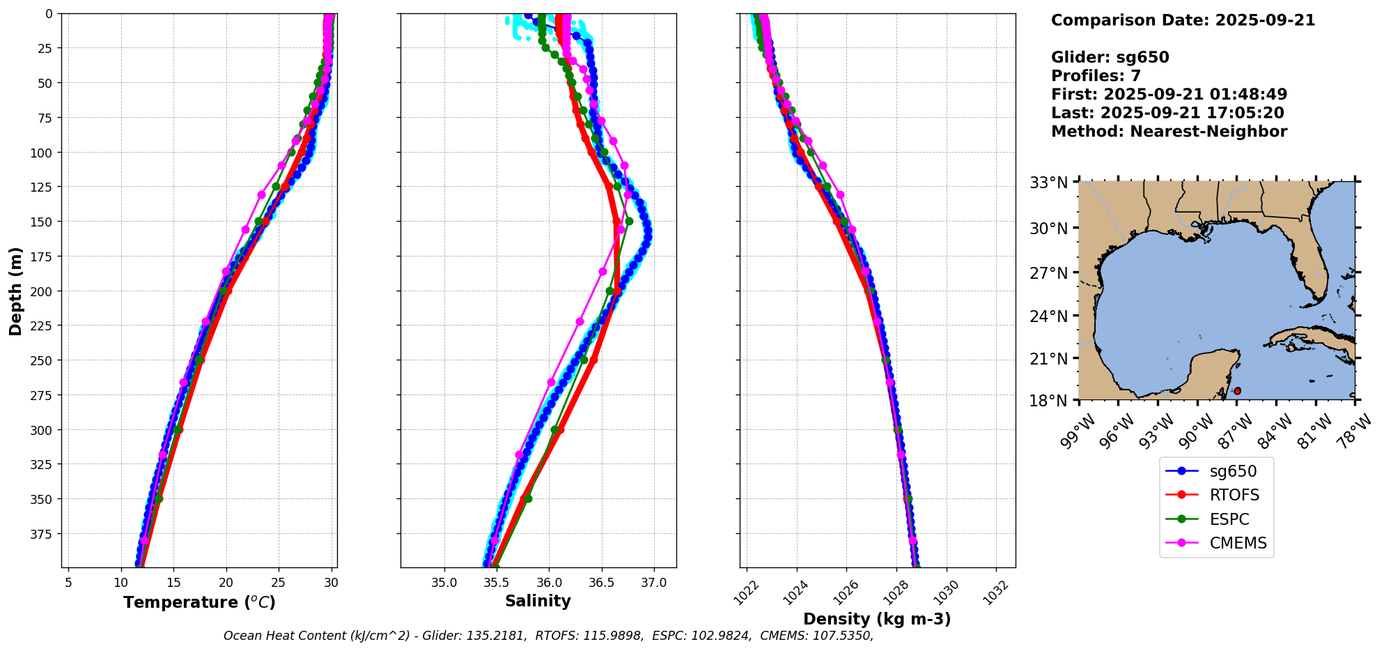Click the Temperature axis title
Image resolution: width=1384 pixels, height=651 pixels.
pos(199,602)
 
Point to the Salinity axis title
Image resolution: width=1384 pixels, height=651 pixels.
pos(538,601)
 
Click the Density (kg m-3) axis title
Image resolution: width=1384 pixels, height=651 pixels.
pos(877,619)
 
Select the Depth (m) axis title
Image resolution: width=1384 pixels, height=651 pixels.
pos(16,291)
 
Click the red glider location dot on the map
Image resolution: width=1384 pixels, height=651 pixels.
pos(1237,391)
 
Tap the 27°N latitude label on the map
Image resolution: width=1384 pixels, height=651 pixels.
pos(1049,273)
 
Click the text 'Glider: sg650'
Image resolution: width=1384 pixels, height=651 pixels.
pos(1110,57)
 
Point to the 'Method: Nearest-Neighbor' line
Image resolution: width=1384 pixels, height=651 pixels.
pos(1169,131)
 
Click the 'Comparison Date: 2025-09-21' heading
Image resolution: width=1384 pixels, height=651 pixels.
pos(1183,20)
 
